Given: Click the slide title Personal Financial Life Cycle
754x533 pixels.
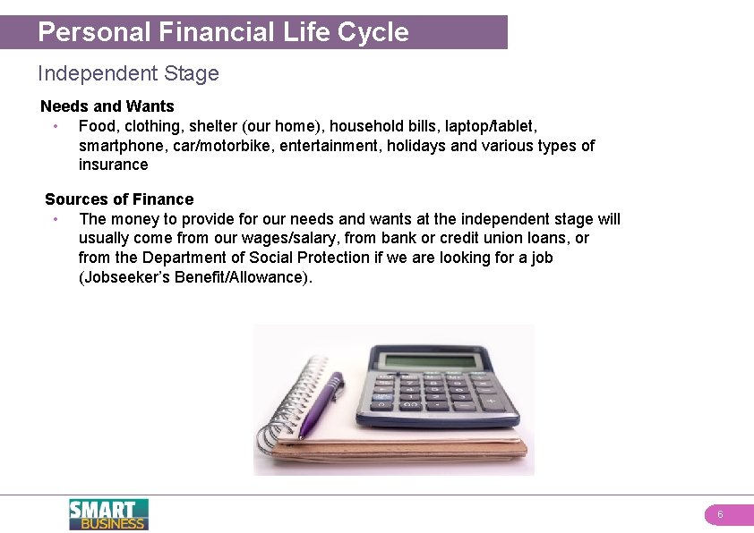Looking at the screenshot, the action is [x=223, y=32].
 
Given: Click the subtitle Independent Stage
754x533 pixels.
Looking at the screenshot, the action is [x=128, y=73].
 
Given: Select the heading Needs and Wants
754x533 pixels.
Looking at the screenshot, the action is [x=107, y=106].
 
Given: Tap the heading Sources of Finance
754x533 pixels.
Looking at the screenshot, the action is [x=119, y=199].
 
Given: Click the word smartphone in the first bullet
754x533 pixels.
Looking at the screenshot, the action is [x=120, y=146].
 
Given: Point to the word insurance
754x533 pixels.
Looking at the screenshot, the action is [x=114, y=165].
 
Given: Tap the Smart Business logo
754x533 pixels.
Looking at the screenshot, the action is [x=108, y=514].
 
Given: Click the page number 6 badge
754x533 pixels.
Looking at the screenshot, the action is [x=720, y=515].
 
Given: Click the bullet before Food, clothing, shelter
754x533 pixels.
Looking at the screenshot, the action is [x=56, y=126].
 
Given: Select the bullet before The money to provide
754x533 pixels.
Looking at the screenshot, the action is [x=56, y=219].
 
